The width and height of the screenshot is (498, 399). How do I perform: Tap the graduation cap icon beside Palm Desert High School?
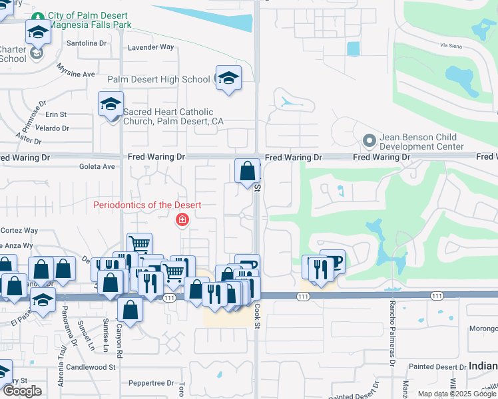click(x=228, y=78)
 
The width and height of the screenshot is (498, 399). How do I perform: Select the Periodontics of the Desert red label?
click(x=147, y=205)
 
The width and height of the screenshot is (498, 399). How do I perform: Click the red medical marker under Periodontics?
click(x=180, y=220)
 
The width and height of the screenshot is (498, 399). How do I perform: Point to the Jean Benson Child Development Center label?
click(x=421, y=142)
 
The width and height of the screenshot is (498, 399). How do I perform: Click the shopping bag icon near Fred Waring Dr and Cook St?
click(x=247, y=171)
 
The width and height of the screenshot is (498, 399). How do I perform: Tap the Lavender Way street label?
click(x=150, y=47)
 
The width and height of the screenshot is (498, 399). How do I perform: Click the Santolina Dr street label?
click(x=87, y=43)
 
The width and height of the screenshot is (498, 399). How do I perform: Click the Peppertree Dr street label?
click(x=146, y=384)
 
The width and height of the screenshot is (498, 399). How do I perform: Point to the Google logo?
click(x=22, y=391)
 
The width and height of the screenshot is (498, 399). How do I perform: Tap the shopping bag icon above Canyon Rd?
click(x=130, y=310)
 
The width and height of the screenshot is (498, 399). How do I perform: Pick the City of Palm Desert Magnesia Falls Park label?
click(x=89, y=20)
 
